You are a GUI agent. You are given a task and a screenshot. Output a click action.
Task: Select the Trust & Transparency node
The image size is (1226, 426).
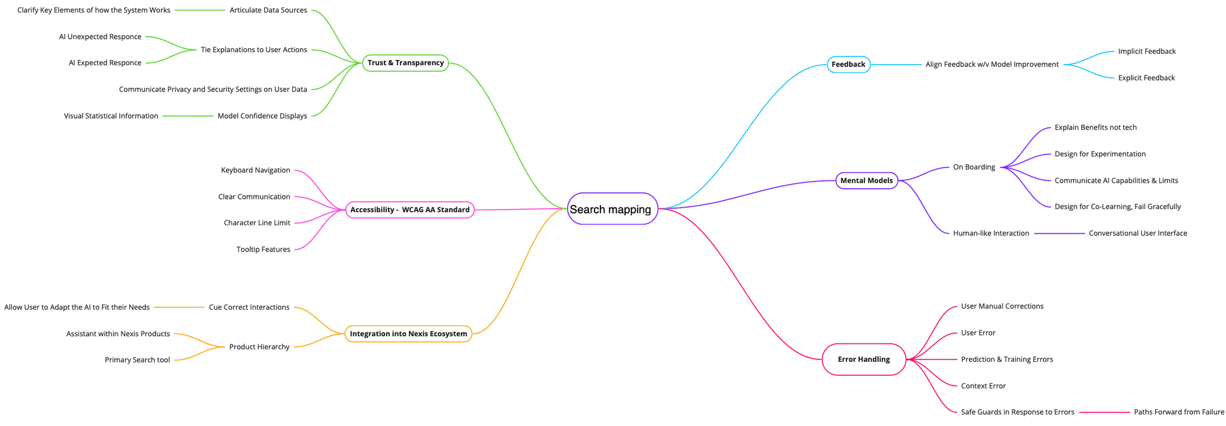click(x=405, y=63)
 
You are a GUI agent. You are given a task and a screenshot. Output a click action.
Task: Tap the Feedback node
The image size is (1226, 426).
click(x=848, y=65)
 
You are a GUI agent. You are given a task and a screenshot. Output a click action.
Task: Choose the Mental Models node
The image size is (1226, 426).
click(x=866, y=180)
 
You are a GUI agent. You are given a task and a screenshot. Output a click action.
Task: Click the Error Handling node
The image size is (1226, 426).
click(x=863, y=359)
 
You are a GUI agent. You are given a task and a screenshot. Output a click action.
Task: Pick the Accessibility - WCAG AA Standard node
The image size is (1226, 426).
click(x=409, y=210)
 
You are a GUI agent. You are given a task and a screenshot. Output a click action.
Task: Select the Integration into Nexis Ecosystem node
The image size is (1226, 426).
click(x=408, y=334)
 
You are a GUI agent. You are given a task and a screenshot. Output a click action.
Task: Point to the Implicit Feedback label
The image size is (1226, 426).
click(x=1146, y=52)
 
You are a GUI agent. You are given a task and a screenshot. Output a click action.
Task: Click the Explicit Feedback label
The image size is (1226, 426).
click(x=1146, y=78)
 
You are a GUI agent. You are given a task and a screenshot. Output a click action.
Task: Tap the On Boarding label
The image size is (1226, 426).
click(x=973, y=167)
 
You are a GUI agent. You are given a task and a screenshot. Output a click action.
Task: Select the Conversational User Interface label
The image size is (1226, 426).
click(x=1137, y=233)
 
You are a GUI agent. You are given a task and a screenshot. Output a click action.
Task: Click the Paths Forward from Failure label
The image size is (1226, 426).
click(x=1179, y=412)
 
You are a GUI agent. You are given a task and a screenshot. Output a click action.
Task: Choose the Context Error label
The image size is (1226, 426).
click(x=983, y=386)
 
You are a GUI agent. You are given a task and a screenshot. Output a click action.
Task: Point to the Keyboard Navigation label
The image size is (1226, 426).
click(x=256, y=170)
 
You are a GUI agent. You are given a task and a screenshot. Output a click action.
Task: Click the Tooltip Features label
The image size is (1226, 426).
click(x=263, y=249)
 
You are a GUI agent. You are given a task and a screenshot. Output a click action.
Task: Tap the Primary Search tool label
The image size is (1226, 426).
click(x=137, y=360)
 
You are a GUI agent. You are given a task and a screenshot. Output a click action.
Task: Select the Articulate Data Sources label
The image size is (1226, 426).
click(x=268, y=10)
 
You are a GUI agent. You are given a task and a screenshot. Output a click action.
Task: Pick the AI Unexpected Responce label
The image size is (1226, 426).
click(x=100, y=37)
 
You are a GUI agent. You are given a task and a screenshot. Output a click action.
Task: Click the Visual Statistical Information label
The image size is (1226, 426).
click(x=111, y=116)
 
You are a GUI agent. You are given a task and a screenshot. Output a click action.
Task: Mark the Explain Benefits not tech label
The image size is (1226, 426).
click(x=1095, y=128)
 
